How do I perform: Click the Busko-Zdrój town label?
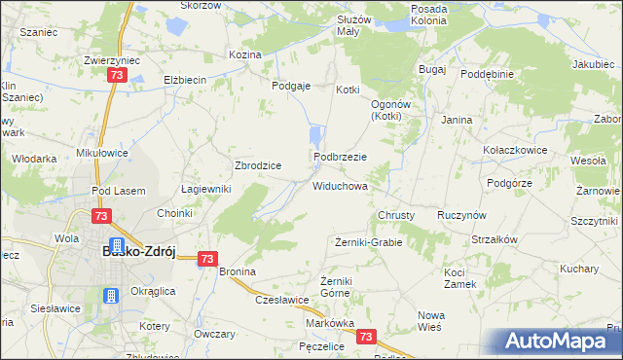point(138,251)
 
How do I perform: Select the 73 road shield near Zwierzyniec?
point(117,75)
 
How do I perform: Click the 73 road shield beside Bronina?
point(206,259)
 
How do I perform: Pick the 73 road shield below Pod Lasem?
point(101,216)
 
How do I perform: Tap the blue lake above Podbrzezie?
point(314,138)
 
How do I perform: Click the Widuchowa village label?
point(339,185)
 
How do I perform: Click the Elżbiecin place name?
point(183,80)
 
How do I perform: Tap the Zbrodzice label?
point(258,165)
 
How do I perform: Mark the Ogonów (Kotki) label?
point(393,109)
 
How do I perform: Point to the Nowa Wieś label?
point(429,321)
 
